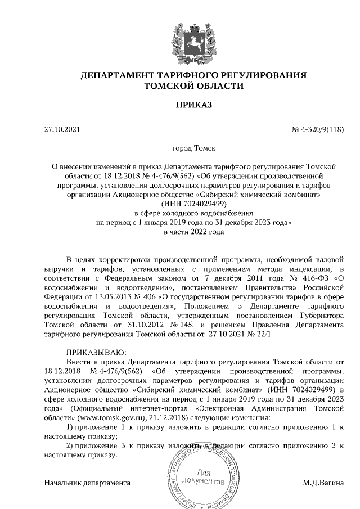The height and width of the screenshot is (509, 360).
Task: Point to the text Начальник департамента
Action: point(87,483)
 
